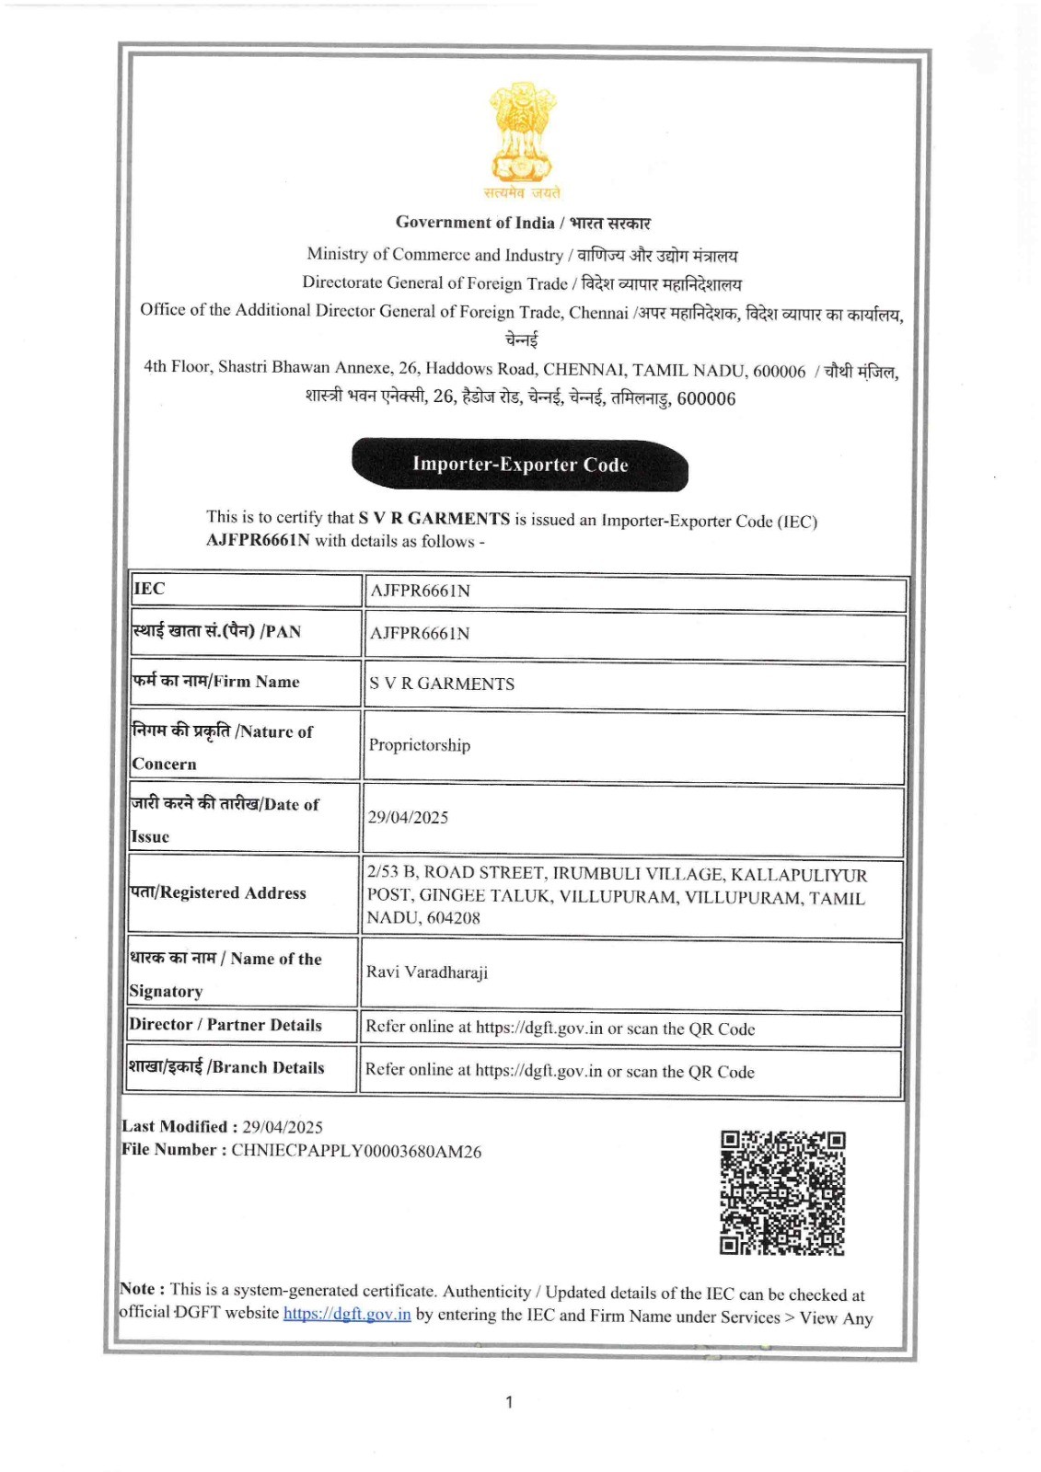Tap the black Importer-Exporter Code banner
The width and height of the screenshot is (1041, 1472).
pos(520,465)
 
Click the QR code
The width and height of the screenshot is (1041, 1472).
pos(781,1192)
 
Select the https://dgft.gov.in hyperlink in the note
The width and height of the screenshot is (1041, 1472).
pos(346,1314)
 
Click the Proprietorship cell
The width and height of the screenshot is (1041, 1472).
pos(419,745)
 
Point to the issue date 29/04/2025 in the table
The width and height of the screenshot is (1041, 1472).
pos(408,817)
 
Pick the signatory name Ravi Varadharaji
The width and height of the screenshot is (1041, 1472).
pos(427,972)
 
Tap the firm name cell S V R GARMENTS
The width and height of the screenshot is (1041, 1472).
pos(441,684)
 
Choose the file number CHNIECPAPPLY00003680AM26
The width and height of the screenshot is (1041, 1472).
pos(355,1151)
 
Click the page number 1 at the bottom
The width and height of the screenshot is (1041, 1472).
pos(509,1402)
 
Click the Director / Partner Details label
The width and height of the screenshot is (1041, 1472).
pos(226,1025)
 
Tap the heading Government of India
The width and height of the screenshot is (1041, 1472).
pos(475,222)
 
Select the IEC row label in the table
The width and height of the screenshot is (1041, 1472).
pos(149,589)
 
